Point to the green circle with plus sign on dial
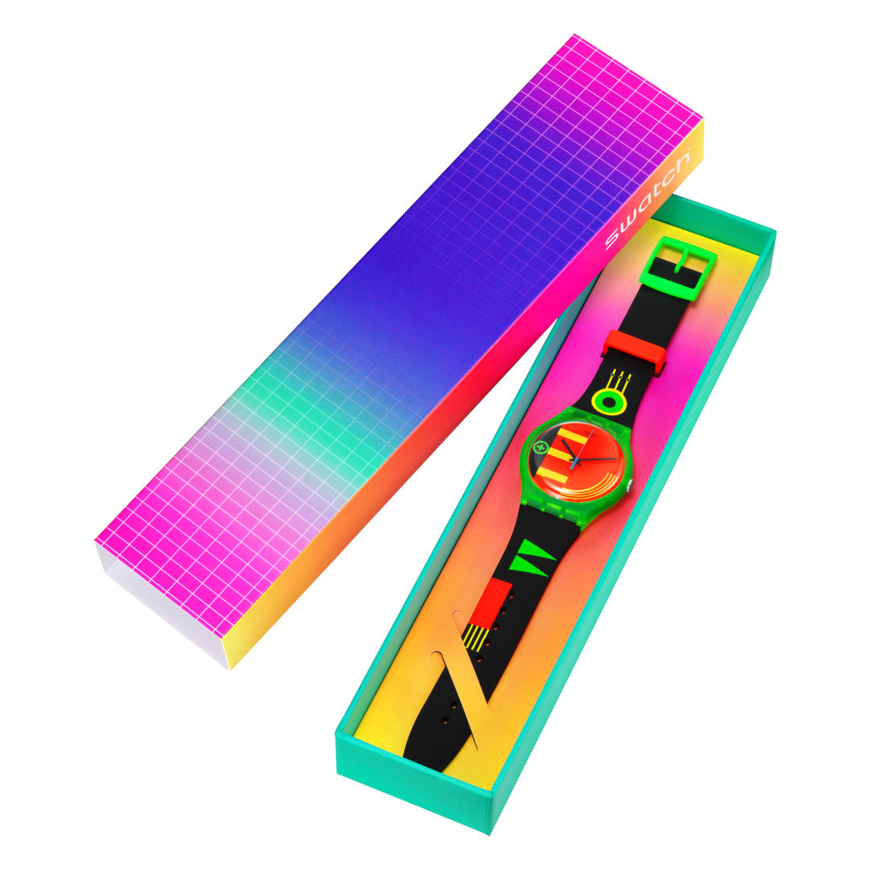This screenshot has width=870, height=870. pyautogui.click(x=538, y=446)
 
